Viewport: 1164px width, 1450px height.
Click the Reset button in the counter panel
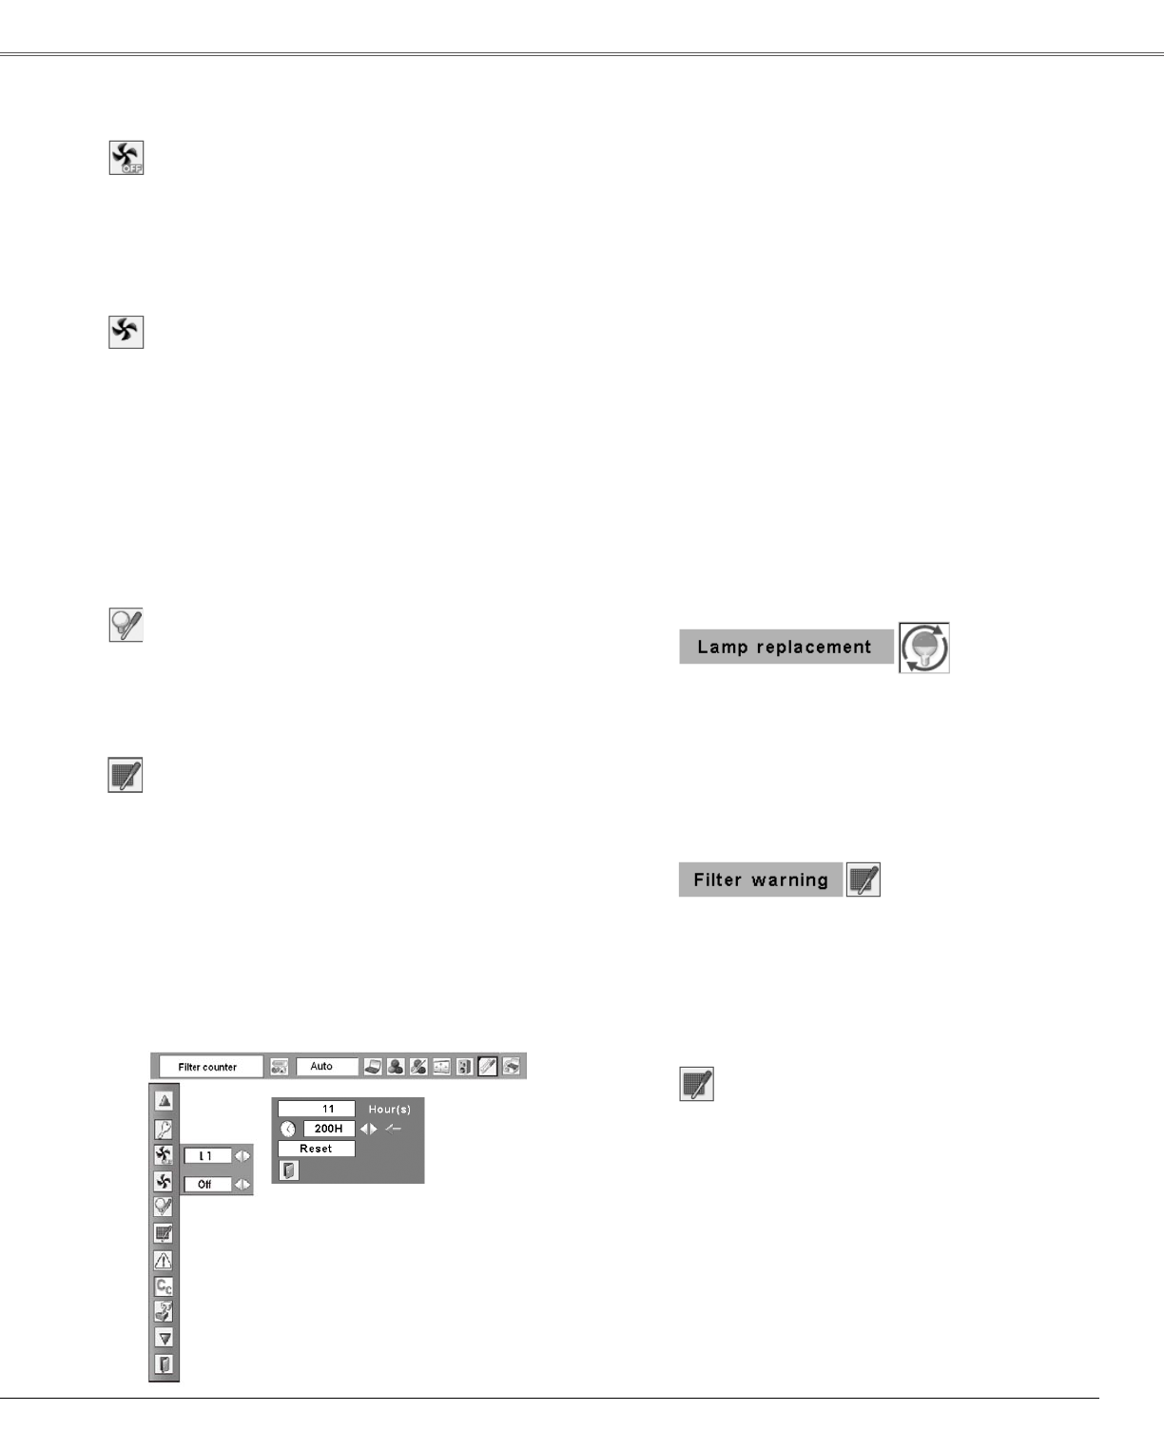click(x=316, y=1149)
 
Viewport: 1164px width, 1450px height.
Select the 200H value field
click(x=328, y=1129)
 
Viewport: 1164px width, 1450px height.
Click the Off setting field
click(x=206, y=1185)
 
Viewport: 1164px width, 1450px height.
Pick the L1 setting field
click(x=206, y=1156)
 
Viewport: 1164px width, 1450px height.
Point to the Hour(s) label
click(x=390, y=1110)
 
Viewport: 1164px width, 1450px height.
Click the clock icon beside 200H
click(x=288, y=1129)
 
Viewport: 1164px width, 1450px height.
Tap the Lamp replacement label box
click(x=786, y=648)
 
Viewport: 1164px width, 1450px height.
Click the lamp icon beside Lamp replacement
click(x=924, y=648)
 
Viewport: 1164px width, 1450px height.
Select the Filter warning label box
click(x=761, y=880)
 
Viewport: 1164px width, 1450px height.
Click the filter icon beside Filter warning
click(x=863, y=880)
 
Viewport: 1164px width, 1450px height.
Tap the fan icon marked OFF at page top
click(x=126, y=158)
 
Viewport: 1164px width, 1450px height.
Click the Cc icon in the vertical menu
click(x=164, y=1286)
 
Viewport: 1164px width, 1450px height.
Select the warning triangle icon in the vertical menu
click(x=164, y=1261)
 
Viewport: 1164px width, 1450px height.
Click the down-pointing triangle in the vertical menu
click(x=164, y=1338)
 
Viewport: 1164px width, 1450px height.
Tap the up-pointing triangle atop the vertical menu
click(x=164, y=1101)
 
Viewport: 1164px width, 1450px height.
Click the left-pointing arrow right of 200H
click(x=363, y=1129)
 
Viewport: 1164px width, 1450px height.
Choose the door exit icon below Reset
click(x=289, y=1170)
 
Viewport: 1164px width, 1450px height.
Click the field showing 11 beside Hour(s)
click(x=317, y=1109)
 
